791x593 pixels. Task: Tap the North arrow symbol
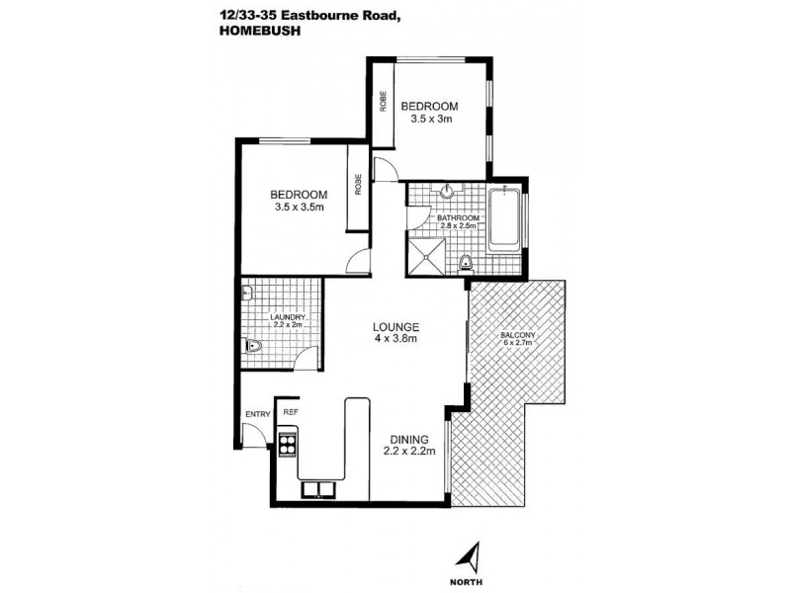tap(476, 556)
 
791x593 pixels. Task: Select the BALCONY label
tap(519, 335)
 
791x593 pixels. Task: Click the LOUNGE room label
tap(396, 327)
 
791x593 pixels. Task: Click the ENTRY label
tap(256, 415)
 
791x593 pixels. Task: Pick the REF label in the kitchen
tap(291, 412)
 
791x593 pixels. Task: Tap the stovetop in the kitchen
tap(289, 444)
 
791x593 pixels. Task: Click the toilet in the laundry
tap(254, 346)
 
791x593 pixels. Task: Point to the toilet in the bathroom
tap(465, 262)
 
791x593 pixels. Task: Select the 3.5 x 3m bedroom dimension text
tap(431, 120)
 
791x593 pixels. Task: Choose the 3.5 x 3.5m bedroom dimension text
tap(300, 208)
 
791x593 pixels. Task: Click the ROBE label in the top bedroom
tap(381, 101)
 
